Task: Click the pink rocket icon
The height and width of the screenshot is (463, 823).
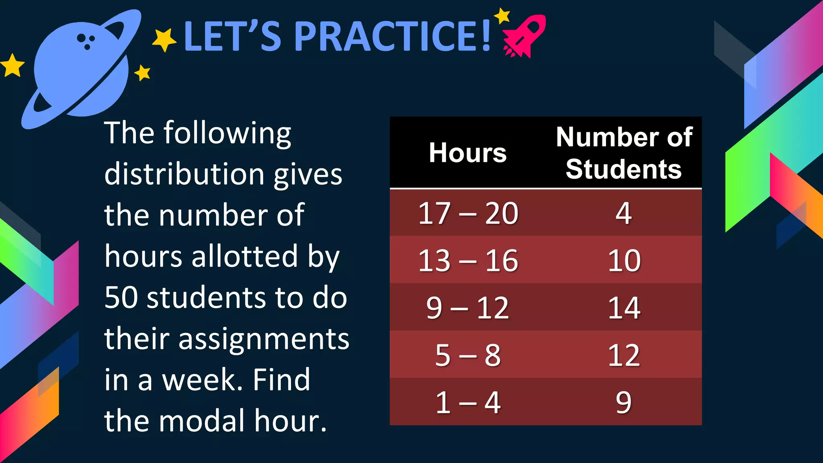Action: point(524,37)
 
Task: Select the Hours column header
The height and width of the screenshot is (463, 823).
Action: point(467,153)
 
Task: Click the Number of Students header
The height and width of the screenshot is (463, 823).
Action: point(624,153)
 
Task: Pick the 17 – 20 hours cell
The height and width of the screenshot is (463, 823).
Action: point(468,213)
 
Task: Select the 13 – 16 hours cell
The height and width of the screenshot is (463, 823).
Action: point(468,260)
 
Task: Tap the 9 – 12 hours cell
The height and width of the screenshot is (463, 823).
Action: point(468,308)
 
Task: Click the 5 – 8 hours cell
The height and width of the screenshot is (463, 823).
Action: point(468,355)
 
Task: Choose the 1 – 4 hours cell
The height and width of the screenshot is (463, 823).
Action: point(468,402)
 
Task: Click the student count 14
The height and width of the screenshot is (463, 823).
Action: point(624,308)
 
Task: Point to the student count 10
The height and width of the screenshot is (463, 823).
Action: point(624,260)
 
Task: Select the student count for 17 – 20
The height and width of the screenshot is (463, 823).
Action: point(624,213)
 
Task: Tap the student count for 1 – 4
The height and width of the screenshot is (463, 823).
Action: point(624,402)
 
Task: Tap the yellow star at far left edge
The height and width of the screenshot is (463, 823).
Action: point(12,66)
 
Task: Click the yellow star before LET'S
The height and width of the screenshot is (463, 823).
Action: point(164,40)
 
